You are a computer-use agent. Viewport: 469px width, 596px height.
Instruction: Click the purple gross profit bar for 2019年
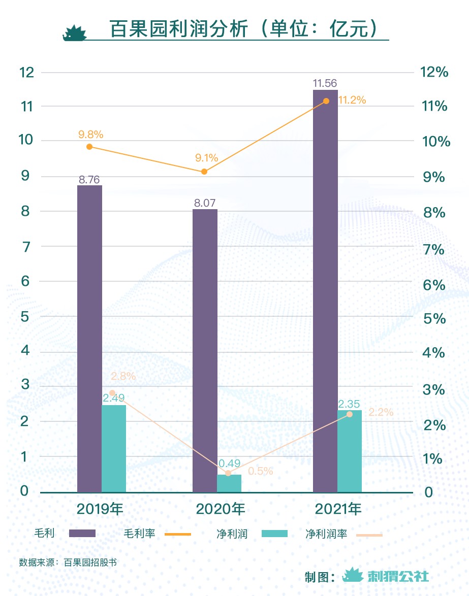pos(89,339)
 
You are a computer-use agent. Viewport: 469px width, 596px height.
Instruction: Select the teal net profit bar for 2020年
pos(229,483)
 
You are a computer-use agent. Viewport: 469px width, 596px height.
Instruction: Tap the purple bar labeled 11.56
pos(325,291)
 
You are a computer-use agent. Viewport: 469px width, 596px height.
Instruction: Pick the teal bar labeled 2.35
pos(350,451)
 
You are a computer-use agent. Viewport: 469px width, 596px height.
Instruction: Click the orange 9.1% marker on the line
pos(204,172)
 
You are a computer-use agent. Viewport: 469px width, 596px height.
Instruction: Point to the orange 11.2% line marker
pos(326,101)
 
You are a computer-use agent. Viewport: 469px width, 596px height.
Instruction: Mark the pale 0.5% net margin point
pos(228,473)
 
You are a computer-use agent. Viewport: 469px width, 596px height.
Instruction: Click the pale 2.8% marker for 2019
pos(112,393)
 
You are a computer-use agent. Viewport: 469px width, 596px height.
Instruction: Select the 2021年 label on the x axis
pos(338,509)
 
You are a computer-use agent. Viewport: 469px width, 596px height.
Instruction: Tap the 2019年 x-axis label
pos(100,509)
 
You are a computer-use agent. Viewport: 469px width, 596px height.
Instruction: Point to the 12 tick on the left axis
pos(26,72)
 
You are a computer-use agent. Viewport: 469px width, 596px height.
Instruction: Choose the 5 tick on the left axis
pos(24,316)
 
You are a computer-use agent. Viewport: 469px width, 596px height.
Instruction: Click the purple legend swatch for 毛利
pos(82,534)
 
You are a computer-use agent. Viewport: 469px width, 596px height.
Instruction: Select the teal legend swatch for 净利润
pos(274,534)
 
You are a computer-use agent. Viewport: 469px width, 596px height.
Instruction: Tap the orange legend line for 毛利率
pos(178,534)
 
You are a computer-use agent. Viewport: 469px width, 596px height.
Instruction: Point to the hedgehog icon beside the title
pos(74,32)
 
